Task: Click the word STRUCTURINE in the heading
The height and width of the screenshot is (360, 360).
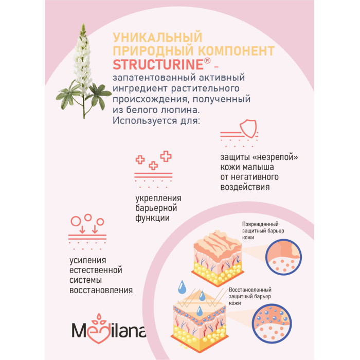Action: coord(158,64)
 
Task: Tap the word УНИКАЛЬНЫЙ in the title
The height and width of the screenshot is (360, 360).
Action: coord(157,37)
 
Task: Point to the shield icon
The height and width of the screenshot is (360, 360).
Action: coord(248,128)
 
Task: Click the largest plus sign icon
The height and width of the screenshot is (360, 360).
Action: coord(166,156)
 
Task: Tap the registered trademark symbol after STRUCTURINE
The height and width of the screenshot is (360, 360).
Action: coord(207,61)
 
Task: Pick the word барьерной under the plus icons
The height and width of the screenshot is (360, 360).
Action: coord(156,208)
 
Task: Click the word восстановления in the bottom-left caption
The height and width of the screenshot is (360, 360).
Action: coord(101,290)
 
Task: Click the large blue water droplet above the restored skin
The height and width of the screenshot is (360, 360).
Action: coord(182,287)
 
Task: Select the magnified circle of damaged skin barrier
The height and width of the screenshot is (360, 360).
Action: coord(283,257)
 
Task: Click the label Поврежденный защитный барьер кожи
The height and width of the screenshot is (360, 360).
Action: coord(263,230)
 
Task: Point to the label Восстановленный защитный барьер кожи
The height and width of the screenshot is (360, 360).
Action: coord(250,296)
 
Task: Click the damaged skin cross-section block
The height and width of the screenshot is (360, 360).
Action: coord(218,258)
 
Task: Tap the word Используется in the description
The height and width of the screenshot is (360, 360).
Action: coord(145,121)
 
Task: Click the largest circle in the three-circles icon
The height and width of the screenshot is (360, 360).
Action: coord(76,221)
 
